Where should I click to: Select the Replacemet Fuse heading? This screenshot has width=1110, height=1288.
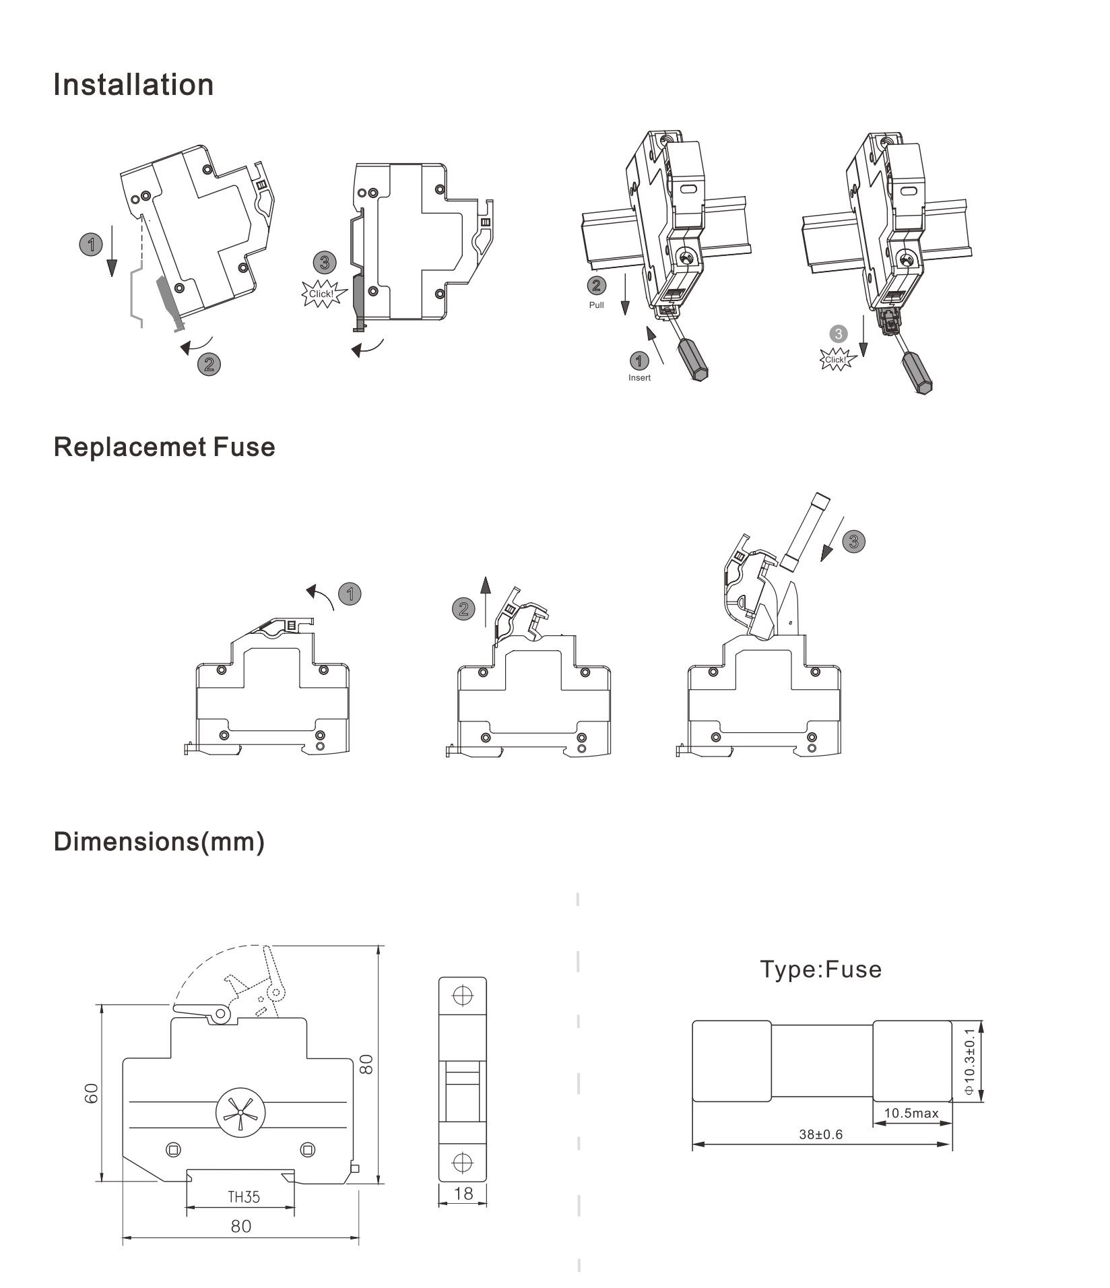pyautogui.click(x=164, y=447)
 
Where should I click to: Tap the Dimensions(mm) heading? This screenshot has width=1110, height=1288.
pyautogui.click(x=159, y=842)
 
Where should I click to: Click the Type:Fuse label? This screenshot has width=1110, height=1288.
pyautogui.click(x=820, y=969)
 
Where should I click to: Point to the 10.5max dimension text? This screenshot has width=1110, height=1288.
pyautogui.click(x=911, y=1113)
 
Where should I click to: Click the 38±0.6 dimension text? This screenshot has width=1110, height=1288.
pyautogui.click(x=820, y=1134)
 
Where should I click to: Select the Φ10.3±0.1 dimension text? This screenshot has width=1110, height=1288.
pyautogui.click(x=969, y=1062)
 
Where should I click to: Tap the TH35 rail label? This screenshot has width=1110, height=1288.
pyautogui.click(x=243, y=1197)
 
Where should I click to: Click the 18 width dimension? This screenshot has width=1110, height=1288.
pyautogui.click(x=463, y=1194)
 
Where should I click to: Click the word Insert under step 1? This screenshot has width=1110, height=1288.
pyautogui.click(x=639, y=378)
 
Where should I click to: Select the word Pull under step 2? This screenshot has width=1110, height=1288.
pyautogui.click(x=596, y=305)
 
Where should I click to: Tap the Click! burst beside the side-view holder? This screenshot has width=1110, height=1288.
pyautogui.click(x=321, y=294)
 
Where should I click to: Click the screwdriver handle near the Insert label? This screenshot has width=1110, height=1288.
pyautogui.click(x=694, y=360)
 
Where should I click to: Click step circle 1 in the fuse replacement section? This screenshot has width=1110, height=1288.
pyautogui.click(x=350, y=594)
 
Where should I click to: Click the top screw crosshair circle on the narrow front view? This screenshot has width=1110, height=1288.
pyautogui.click(x=462, y=996)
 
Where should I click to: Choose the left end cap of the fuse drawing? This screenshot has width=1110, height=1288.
pyautogui.click(x=731, y=1061)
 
